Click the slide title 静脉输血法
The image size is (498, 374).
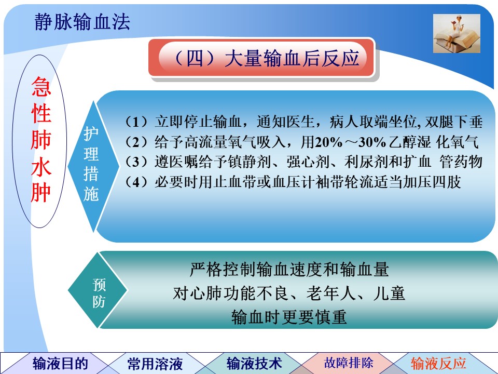coord(82,22)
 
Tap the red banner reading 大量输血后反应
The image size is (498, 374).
coord(261,58)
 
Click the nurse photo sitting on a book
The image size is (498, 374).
coord(457,33)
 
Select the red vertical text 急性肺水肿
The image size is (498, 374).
coord(41,139)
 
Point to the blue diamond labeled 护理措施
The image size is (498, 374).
coord(93,166)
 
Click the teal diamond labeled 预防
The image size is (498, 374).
coord(98,290)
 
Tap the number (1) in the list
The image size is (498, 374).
coord(136,122)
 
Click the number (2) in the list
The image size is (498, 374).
coord(136,142)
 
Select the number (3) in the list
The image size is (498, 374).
coord(136,162)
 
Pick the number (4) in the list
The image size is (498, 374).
coord(136,182)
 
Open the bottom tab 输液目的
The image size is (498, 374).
coord(60,364)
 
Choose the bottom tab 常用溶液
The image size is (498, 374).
coord(155,364)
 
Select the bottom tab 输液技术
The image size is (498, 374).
coord(254,364)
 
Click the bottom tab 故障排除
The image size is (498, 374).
coord(349,363)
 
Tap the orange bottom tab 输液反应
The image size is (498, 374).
coord(438,363)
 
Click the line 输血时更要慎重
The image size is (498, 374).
coord(289,317)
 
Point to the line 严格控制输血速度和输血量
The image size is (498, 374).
coord(289,270)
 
